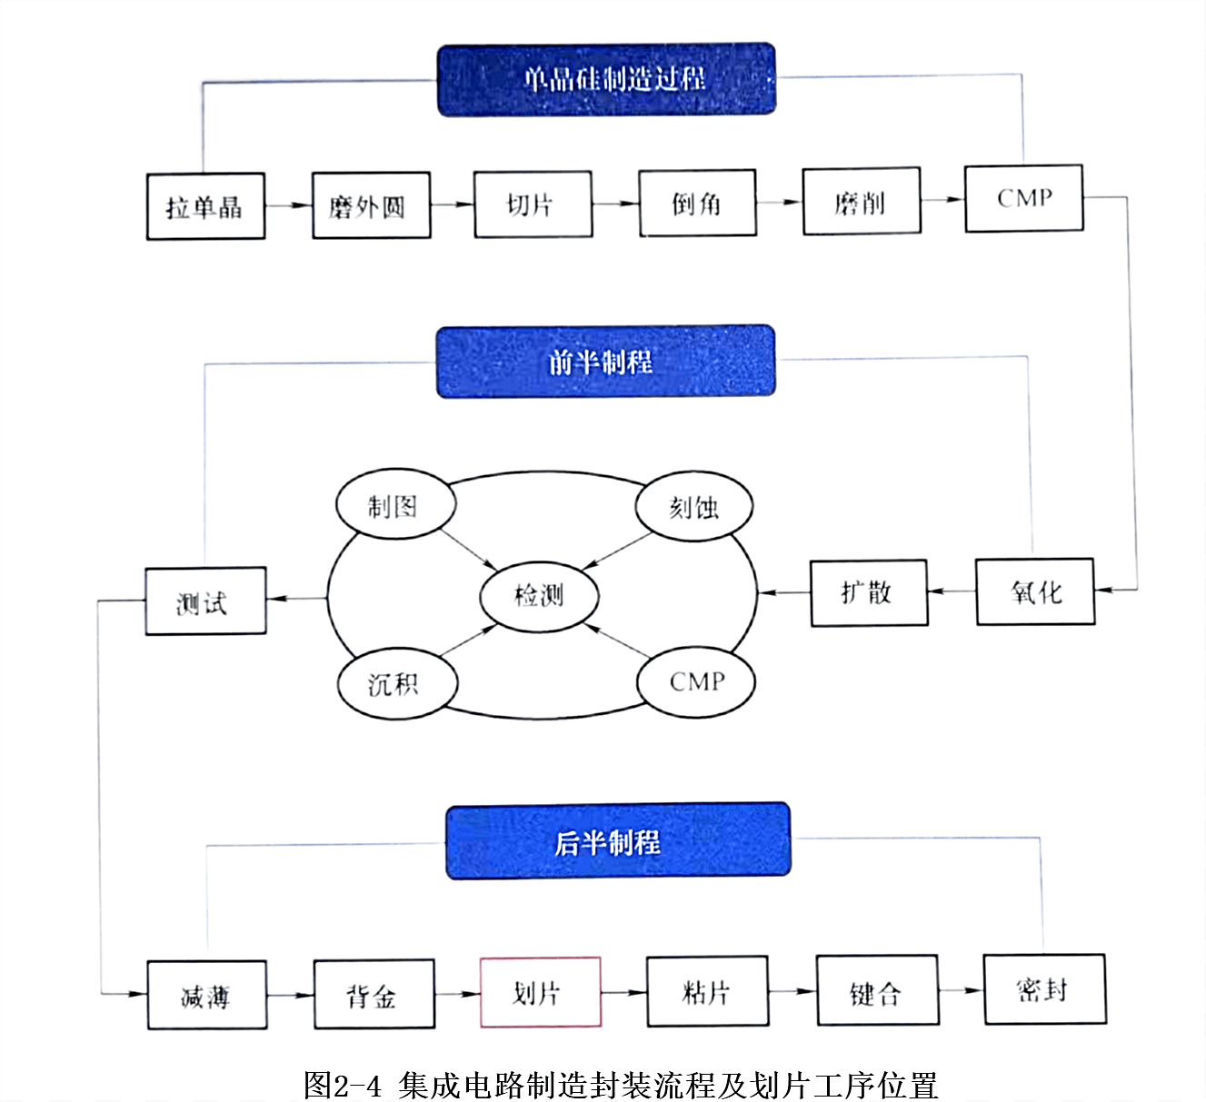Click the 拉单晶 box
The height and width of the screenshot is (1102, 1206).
point(205,207)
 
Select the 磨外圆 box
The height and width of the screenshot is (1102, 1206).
point(371,206)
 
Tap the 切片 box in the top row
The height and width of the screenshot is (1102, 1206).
point(533,204)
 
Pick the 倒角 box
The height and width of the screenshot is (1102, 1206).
point(697,203)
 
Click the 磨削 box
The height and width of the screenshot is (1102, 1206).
point(861,201)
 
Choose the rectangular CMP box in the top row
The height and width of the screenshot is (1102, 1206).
point(1023,198)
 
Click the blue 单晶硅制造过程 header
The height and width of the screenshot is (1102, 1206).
point(606,79)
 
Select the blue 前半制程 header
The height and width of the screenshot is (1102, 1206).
point(605,362)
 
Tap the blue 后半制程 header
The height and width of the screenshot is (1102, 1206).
point(617,841)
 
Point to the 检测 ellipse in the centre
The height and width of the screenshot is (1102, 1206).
point(539,596)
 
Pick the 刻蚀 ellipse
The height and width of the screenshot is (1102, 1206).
point(694,506)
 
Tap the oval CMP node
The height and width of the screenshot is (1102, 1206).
point(696,681)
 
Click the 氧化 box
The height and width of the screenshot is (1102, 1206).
point(1034,592)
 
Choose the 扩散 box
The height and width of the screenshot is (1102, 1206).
point(868,593)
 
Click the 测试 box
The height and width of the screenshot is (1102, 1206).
point(205,601)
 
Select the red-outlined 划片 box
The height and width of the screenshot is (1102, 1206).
point(540,992)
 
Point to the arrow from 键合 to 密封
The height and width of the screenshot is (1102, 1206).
point(961,990)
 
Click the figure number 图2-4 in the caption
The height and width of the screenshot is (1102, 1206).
point(343,1085)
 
